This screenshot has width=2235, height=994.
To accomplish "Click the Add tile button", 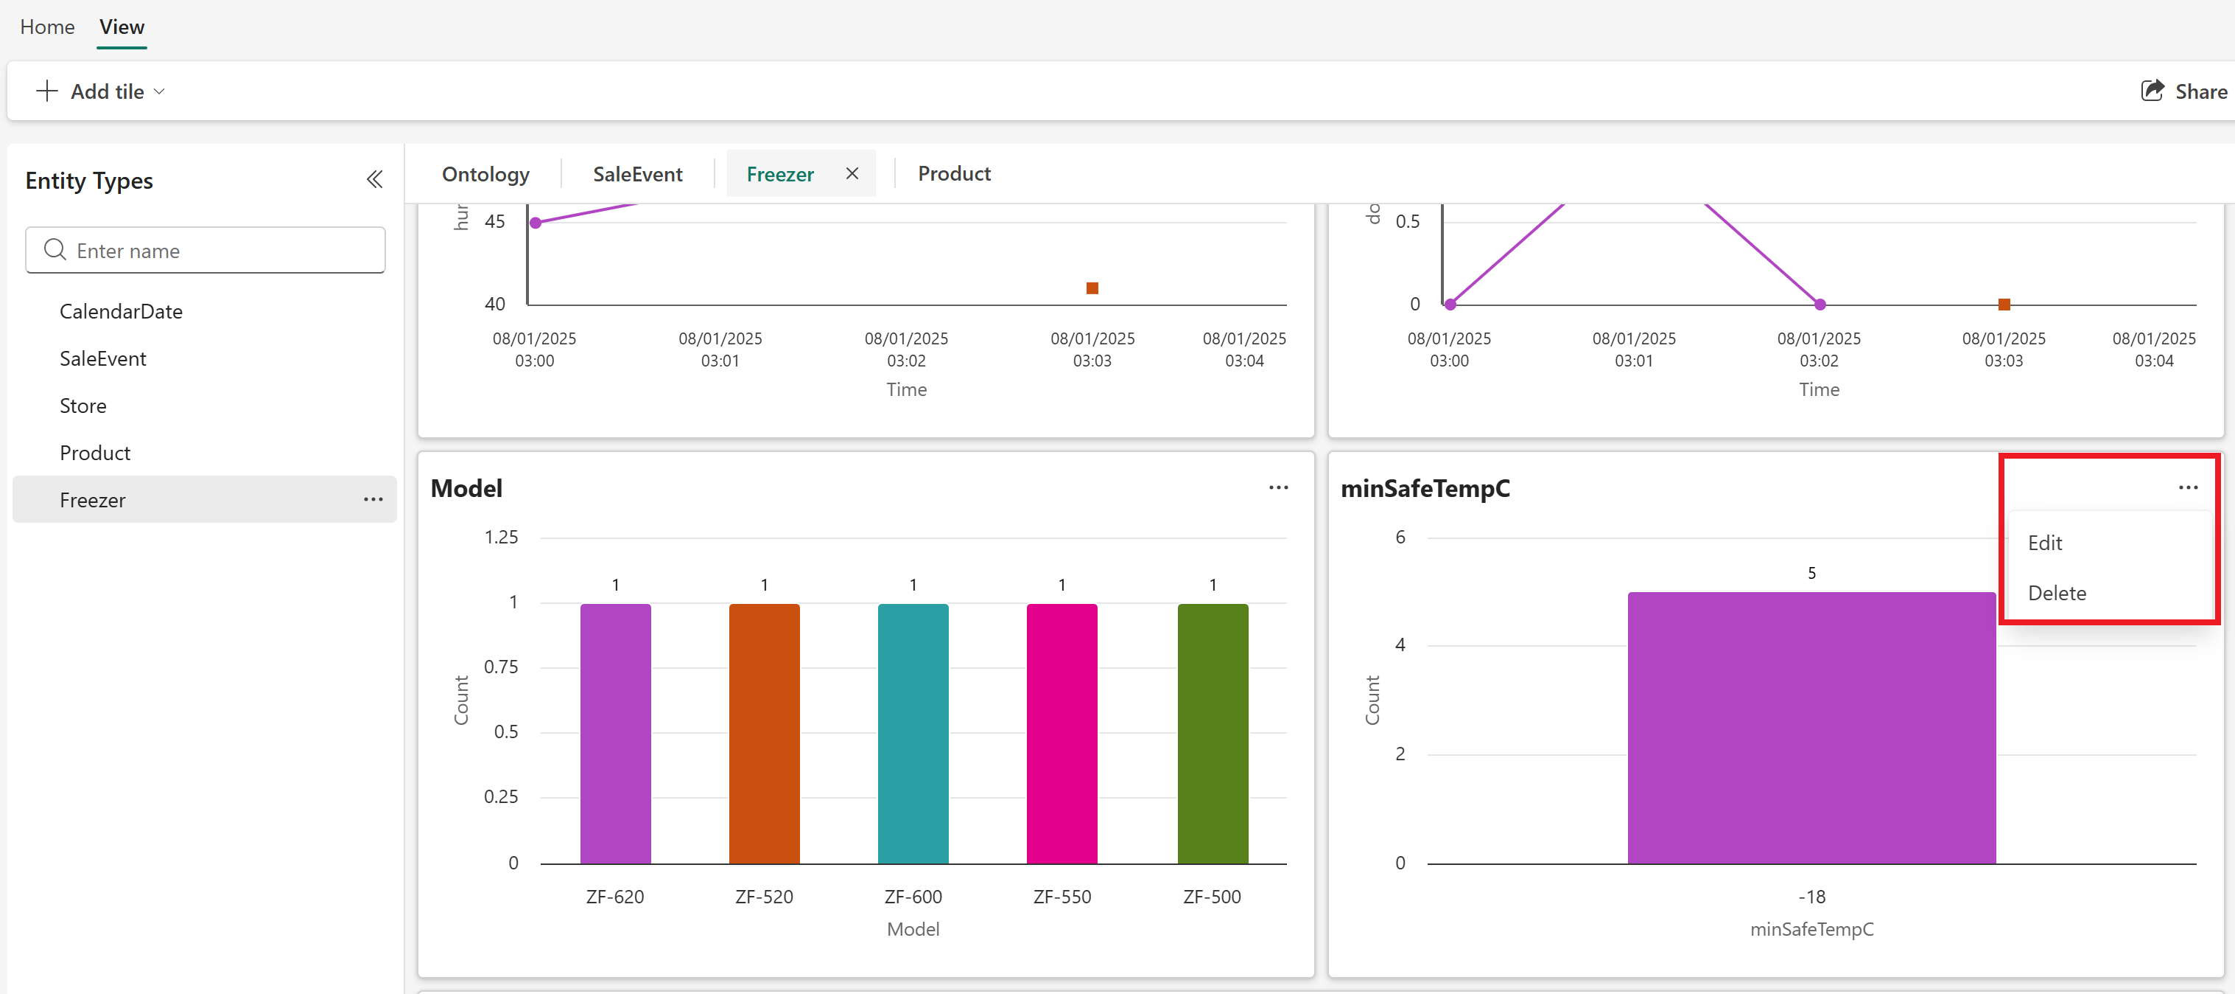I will [99, 91].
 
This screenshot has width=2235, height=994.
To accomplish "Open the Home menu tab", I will [47, 27].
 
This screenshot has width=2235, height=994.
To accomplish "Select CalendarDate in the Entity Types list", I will [121, 312].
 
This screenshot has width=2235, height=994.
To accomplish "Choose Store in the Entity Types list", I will [83, 406].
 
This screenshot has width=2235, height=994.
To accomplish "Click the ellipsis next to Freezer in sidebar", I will [373, 499].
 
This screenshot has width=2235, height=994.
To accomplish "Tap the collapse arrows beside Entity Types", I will [375, 180].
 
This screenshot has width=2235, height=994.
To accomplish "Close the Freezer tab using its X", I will [852, 173].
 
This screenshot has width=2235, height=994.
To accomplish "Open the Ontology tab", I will [485, 173].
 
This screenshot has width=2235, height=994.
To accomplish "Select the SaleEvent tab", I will [637, 173].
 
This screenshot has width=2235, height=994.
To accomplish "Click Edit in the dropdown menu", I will [2044, 543].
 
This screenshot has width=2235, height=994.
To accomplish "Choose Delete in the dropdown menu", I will [2056, 593].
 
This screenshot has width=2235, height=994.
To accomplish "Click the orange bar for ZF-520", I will [763, 734].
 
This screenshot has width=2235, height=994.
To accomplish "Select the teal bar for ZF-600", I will [913, 734].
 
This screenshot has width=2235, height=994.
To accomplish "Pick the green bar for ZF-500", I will [1212, 734].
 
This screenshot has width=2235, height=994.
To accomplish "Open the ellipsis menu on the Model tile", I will [1278, 488].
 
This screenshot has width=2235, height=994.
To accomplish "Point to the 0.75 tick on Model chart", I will [501, 667].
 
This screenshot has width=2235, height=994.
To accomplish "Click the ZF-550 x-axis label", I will [1062, 897].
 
